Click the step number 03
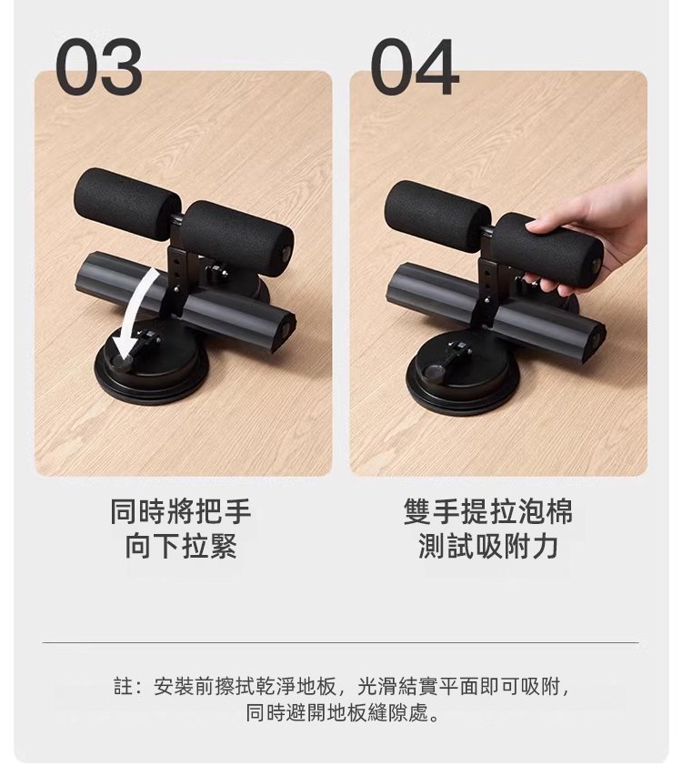tap(98, 66)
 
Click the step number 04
tap(415, 66)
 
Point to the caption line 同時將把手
tap(181, 511)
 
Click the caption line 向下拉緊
tap(181, 547)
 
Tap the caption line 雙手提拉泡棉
tap(488, 511)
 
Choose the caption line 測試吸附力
tap(488, 547)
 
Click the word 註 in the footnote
tap(123, 687)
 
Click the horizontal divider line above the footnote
tap(340, 642)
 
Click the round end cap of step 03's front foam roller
tap(286, 253)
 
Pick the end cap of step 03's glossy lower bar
tap(286, 332)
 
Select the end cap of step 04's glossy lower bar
tap(596, 340)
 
